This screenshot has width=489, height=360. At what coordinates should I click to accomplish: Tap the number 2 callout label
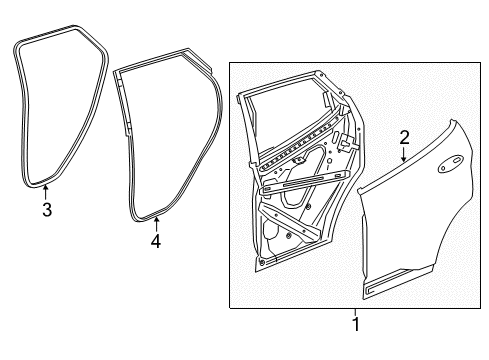(x=404, y=137)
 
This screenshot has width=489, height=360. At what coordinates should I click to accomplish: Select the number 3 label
(x=45, y=210)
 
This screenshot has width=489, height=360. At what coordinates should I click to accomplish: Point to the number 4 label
(x=155, y=240)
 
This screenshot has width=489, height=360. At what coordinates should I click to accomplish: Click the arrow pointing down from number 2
(x=403, y=155)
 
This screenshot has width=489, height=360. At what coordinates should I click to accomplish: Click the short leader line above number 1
(x=355, y=311)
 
